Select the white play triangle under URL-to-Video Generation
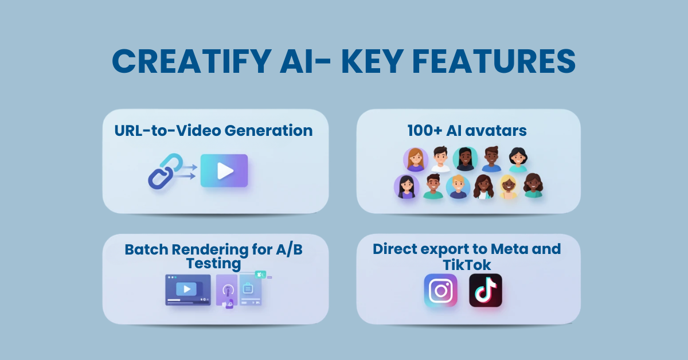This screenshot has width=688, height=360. (225, 171)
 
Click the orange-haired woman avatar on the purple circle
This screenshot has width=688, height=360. (415, 160)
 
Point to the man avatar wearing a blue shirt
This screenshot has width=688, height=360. (491, 159)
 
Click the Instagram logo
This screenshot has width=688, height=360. (441, 291)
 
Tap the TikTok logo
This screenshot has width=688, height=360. (485, 290)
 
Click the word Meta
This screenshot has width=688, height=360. (507, 249)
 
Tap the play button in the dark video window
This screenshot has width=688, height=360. (187, 288)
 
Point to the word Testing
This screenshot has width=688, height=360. (213, 264)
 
